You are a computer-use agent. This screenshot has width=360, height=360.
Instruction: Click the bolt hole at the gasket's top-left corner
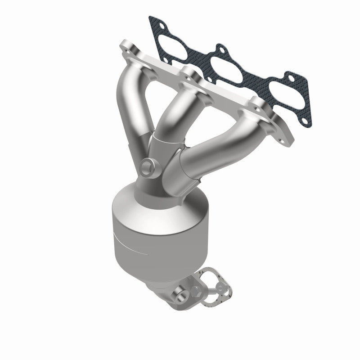click(154, 22)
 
